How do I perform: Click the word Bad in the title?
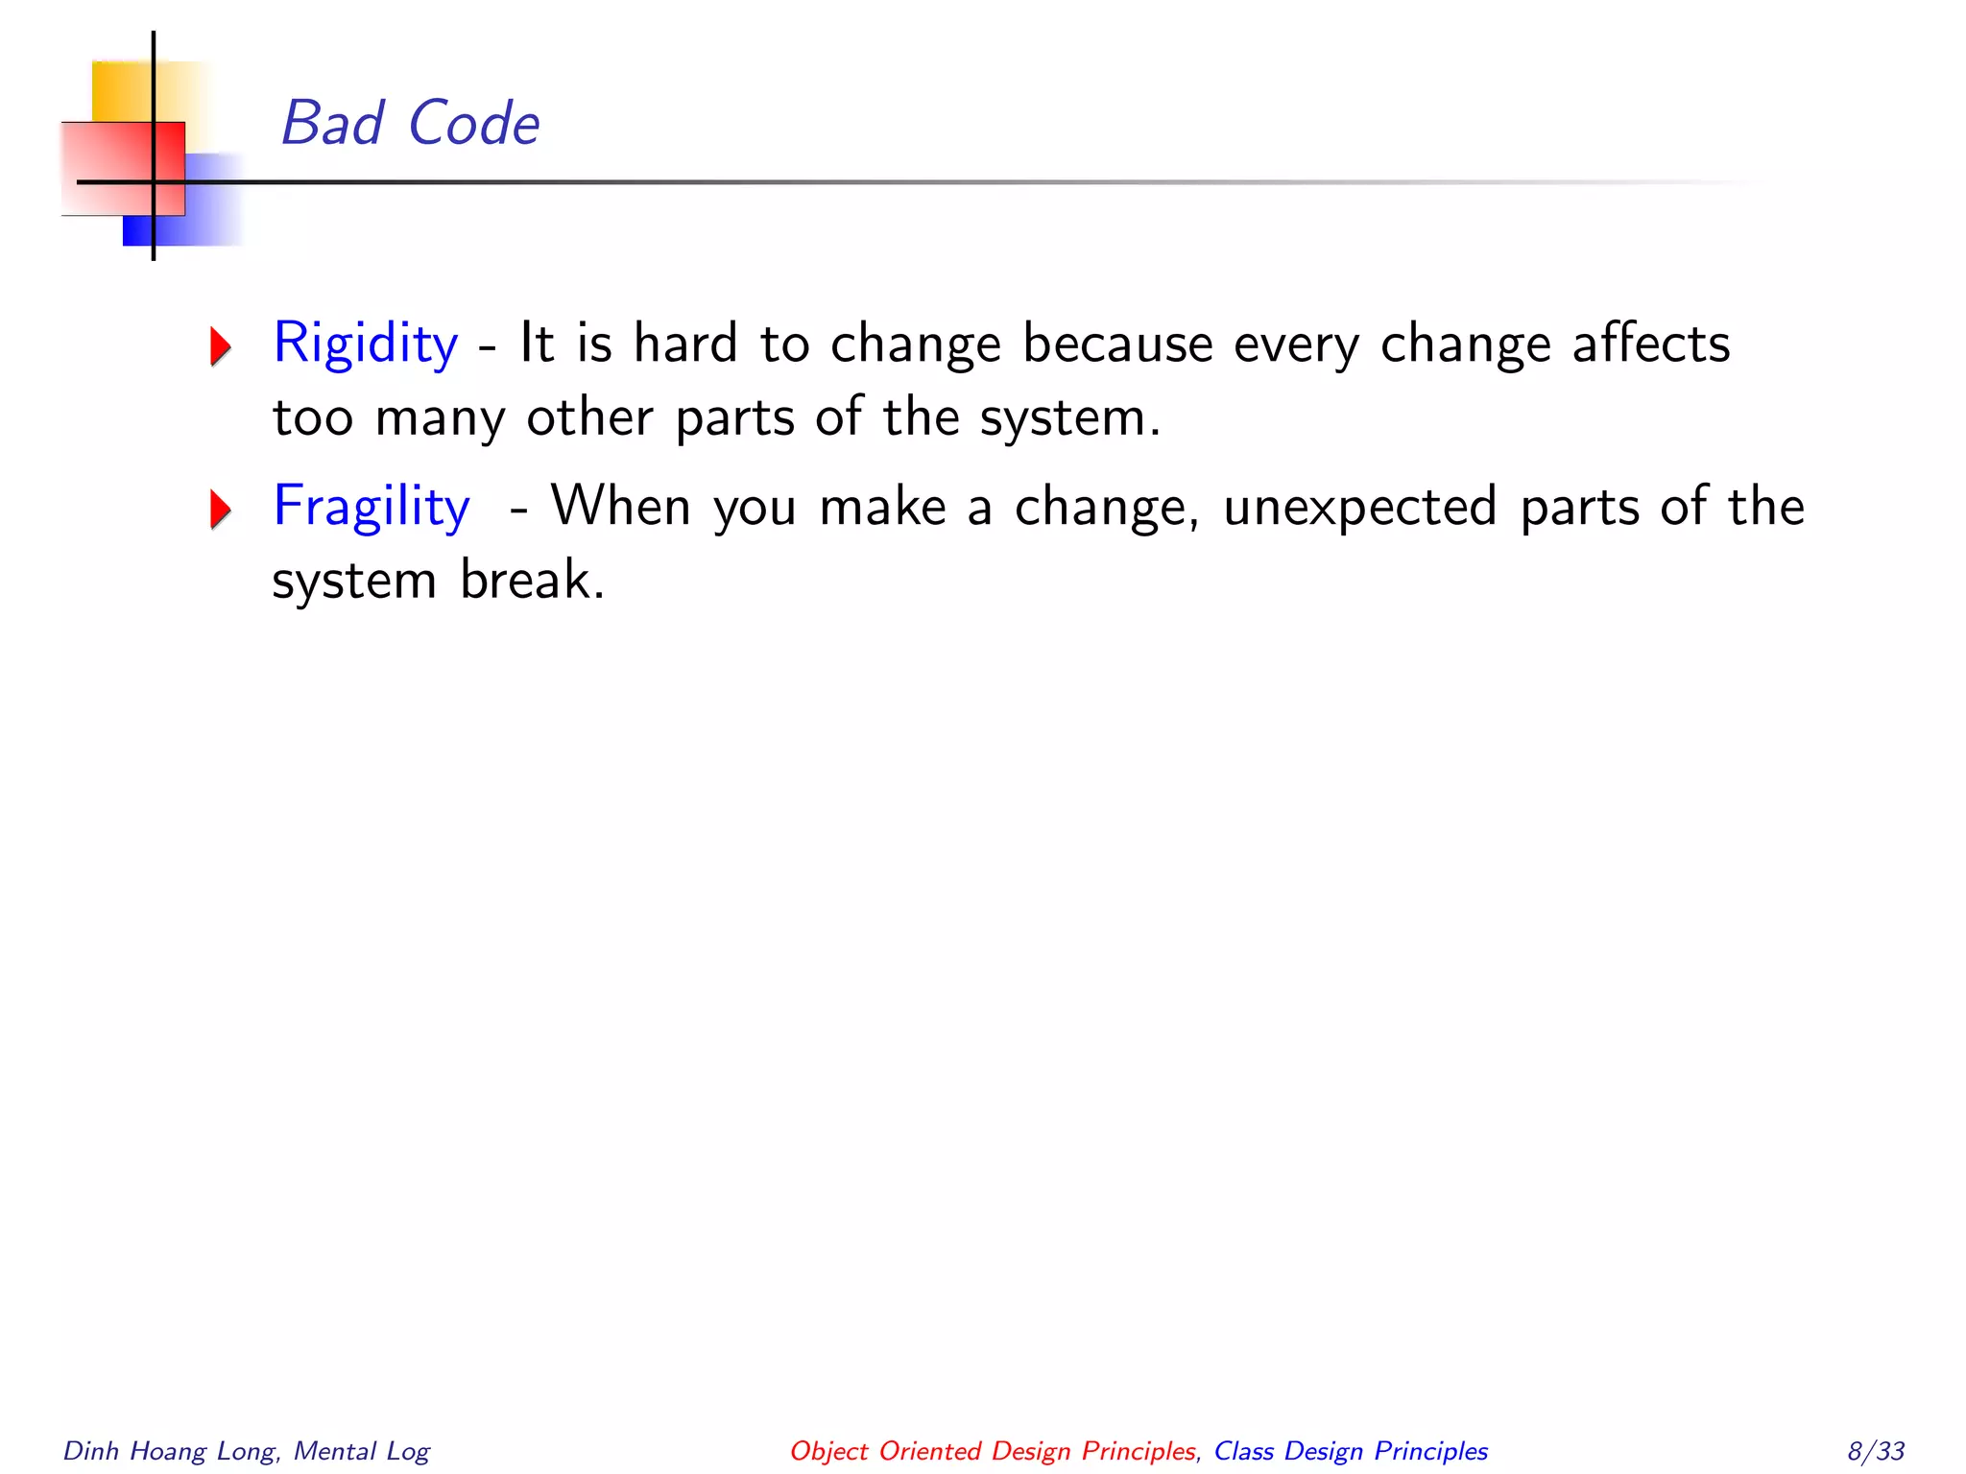pyautogui.click(x=332, y=124)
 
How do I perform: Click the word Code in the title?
pyautogui.click(x=473, y=124)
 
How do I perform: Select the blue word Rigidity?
pyautogui.click(x=366, y=344)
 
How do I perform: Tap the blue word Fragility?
pyautogui.click(x=372, y=507)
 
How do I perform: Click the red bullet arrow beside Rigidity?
pyautogui.click(x=221, y=346)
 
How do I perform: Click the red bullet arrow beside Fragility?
pyautogui.click(x=221, y=510)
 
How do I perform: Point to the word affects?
pyautogui.click(x=1650, y=344)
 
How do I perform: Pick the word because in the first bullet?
pyautogui.click(x=1117, y=344)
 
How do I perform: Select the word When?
pyautogui.click(x=620, y=507)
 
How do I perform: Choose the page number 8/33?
pyautogui.click(x=1876, y=1451)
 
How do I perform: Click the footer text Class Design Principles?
pyautogui.click(x=1351, y=1451)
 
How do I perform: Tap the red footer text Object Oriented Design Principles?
pyautogui.click(x=993, y=1451)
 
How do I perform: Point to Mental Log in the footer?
pyautogui.click(x=362, y=1451)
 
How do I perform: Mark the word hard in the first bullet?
pyautogui.click(x=685, y=344)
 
